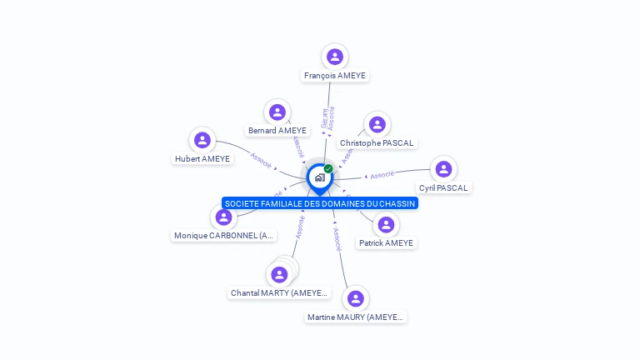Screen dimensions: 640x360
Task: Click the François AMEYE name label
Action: click(x=335, y=76)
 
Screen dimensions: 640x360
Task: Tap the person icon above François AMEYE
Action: click(x=335, y=57)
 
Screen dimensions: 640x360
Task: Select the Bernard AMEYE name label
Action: click(x=277, y=131)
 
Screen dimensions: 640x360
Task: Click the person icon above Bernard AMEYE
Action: click(x=277, y=112)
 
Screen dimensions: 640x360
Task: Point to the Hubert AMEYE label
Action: click(x=202, y=159)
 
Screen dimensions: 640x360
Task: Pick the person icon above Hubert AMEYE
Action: click(x=202, y=140)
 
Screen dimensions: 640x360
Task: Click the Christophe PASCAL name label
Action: click(x=377, y=143)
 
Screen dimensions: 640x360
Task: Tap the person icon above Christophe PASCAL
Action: click(x=377, y=124)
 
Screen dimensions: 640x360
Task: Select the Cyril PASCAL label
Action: click(x=443, y=188)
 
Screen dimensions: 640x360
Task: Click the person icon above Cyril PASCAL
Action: click(x=443, y=169)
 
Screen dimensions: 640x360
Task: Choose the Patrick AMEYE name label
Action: click(x=386, y=243)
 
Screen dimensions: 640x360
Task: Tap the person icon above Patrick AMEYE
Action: click(x=386, y=224)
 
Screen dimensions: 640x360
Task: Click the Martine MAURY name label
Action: click(x=355, y=317)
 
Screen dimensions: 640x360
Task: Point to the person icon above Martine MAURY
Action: click(x=356, y=298)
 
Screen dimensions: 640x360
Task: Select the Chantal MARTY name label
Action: click(x=280, y=293)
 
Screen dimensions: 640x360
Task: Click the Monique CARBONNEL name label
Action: click(x=223, y=236)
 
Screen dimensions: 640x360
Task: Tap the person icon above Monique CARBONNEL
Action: click(x=223, y=217)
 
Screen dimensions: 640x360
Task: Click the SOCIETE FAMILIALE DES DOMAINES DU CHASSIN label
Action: click(x=320, y=203)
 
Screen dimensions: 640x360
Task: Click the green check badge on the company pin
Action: click(x=328, y=169)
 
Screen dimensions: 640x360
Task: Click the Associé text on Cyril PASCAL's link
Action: click(x=382, y=175)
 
